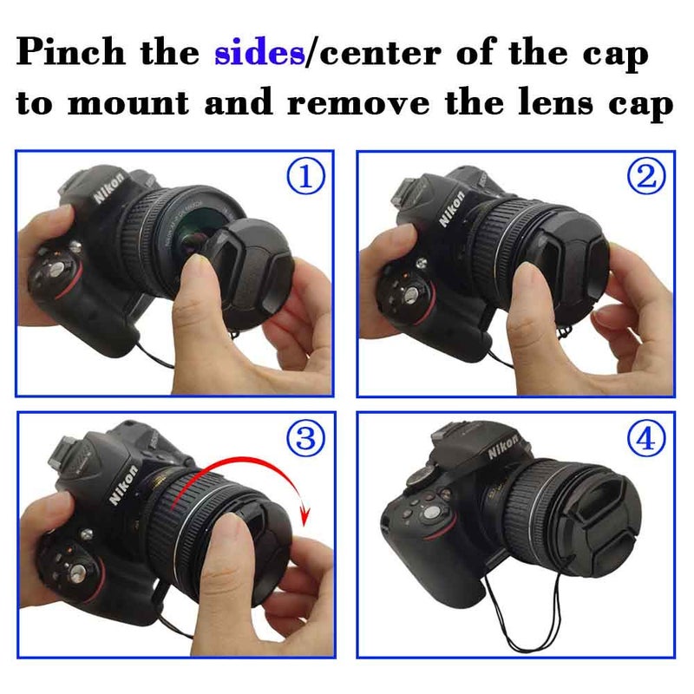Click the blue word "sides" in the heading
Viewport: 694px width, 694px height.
(x=259, y=54)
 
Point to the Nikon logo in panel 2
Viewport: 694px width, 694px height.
(x=451, y=208)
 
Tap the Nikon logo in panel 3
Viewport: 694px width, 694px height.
(x=121, y=486)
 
